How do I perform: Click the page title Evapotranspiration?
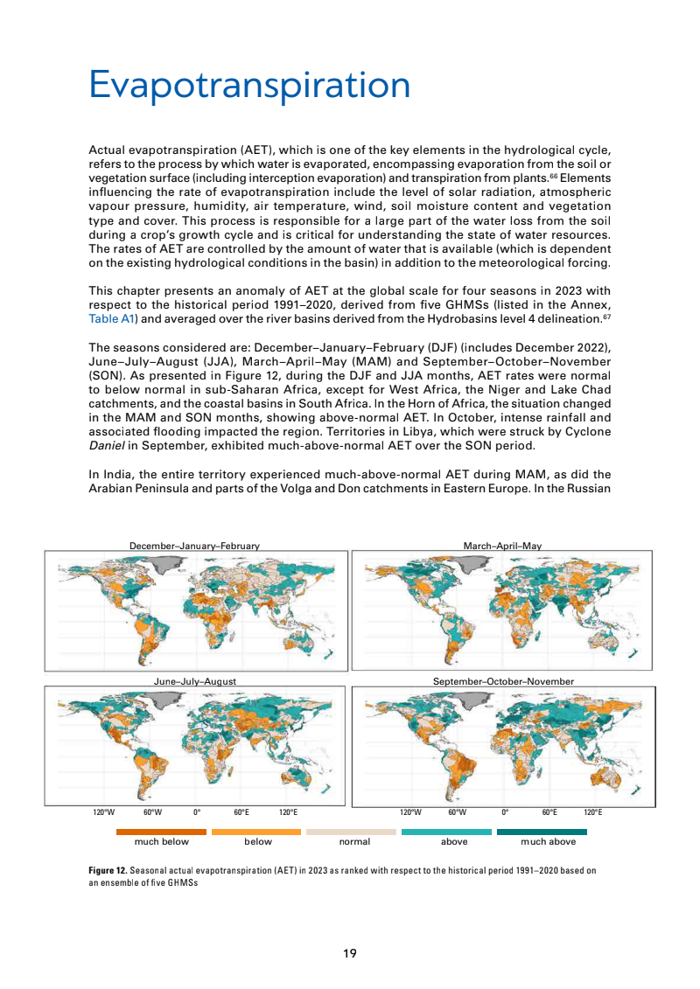coord(249,86)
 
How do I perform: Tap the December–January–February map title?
coord(194,546)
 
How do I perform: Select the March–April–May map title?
coord(502,546)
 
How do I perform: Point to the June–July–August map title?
coord(194,680)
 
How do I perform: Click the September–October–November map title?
coord(503,680)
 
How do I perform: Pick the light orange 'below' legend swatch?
coord(258,832)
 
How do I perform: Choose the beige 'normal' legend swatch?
coord(354,832)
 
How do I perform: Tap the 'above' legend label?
coord(454,842)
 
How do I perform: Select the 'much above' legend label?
coord(549,842)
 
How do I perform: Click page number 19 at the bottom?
coord(350,953)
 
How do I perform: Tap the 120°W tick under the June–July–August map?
coord(102,812)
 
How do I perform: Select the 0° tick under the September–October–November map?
coord(505,812)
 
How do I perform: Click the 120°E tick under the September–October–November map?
coord(592,812)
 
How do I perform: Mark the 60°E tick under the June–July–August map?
coord(241,812)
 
